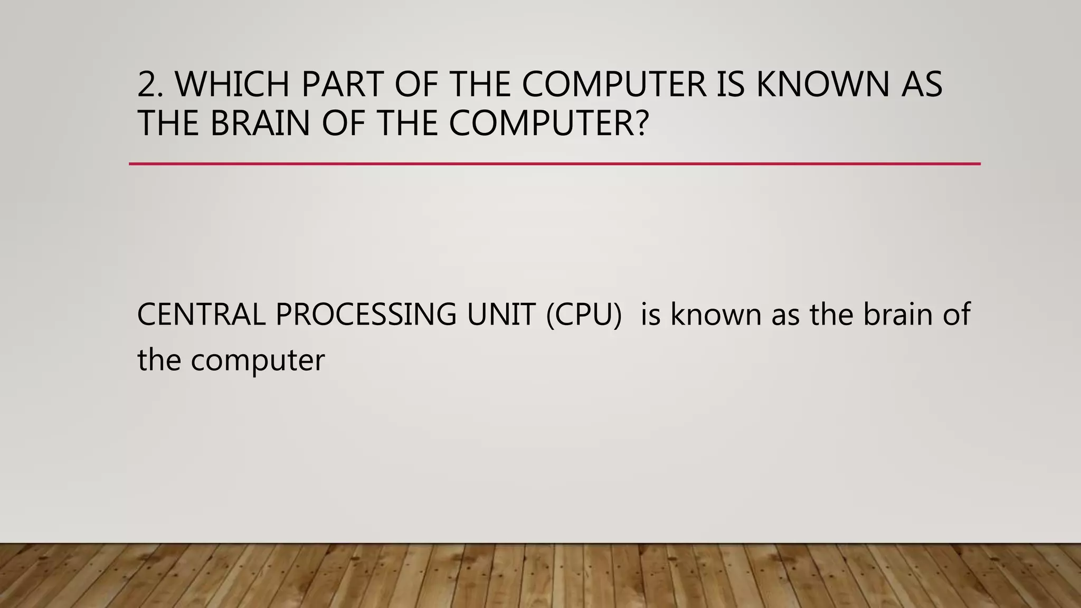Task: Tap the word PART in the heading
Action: point(342,84)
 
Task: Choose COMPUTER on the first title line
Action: point(614,84)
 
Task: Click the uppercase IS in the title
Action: point(730,84)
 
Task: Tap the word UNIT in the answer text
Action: point(501,315)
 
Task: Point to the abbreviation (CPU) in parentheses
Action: point(584,315)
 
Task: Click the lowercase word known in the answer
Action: point(716,315)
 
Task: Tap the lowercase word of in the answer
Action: point(956,315)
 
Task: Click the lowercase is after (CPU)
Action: point(650,315)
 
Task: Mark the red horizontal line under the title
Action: point(554,164)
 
